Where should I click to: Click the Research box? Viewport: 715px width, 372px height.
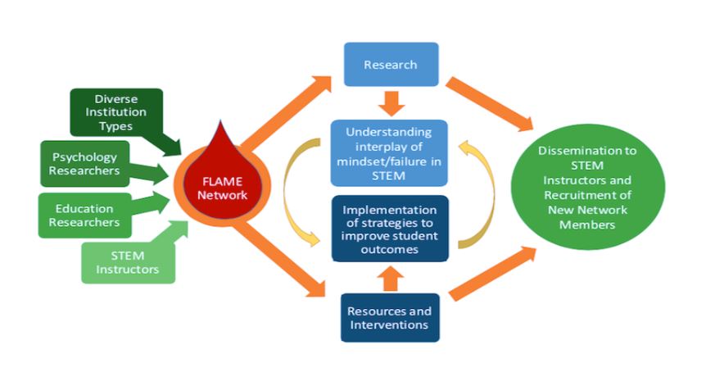pos(390,65)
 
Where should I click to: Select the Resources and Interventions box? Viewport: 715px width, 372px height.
pos(390,318)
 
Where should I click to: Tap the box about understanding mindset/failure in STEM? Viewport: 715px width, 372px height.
pos(390,152)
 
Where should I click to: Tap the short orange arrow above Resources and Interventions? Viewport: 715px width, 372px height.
pos(390,279)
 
